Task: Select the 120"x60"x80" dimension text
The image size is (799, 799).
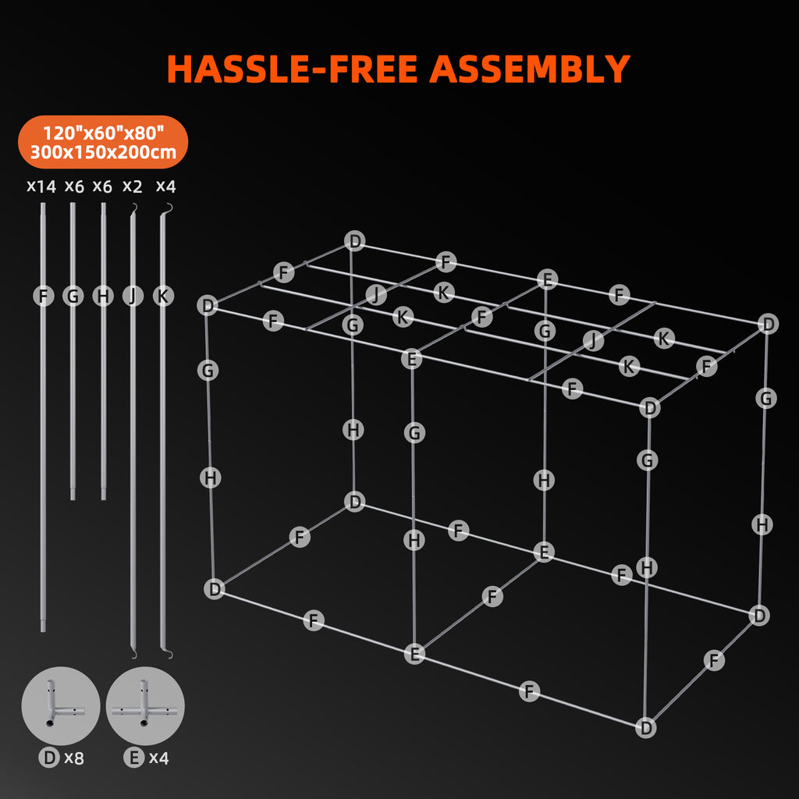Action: pyautogui.click(x=102, y=133)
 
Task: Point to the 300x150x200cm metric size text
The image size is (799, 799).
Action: pyautogui.click(x=102, y=152)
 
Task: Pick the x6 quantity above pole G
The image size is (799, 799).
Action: pyautogui.click(x=74, y=186)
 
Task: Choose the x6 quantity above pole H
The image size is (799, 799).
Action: pyautogui.click(x=102, y=186)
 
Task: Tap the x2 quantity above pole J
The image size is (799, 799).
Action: pyautogui.click(x=133, y=186)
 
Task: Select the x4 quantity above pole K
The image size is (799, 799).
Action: pyautogui.click(x=165, y=186)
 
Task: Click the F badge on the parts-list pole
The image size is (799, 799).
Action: pyautogui.click(x=44, y=297)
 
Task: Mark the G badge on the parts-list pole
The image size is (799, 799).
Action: pyautogui.click(x=73, y=297)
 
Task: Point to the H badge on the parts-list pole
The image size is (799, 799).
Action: pyautogui.click(x=103, y=297)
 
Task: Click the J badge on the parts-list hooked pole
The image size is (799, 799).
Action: pyautogui.click(x=133, y=297)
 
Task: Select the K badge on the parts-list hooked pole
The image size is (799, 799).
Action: pyautogui.click(x=162, y=297)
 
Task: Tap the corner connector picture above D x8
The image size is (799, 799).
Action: pyautogui.click(x=60, y=705)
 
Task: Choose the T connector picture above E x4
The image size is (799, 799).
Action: pyautogui.click(x=145, y=705)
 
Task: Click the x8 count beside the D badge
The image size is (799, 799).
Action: pyautogui.click(x=73, y=758)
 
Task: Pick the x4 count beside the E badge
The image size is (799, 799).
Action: pyautogui.click(x=158, y=758)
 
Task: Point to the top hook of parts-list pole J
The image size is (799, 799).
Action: pyautogui.click(x=134, y=207)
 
